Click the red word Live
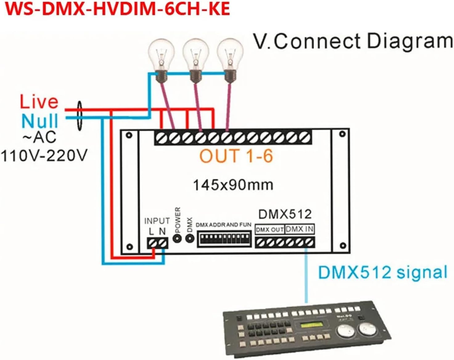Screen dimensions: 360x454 pos(39,102)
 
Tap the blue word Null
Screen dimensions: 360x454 pos(40,121)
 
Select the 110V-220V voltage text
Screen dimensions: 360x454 pos(44,156)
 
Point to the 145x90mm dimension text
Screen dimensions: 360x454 pos(233,185)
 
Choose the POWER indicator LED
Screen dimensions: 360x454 pos(177,238)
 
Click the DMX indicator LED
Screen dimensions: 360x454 pos(189,238)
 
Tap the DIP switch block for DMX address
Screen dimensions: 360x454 pos(224,238)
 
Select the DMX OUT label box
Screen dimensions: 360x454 pos(270,229)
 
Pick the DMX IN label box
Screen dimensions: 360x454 pos(300,229)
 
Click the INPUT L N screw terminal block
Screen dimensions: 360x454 pos(157,243)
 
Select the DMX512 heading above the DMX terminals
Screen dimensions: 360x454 pos(285,214)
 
